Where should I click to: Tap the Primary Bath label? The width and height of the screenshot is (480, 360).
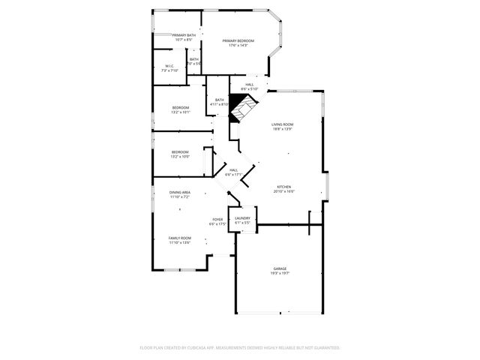tap(184, 35)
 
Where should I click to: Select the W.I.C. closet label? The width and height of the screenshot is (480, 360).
tap(170, 66)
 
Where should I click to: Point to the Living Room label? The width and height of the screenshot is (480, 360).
tap(282, 124)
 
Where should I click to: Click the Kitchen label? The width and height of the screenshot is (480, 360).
tap(283, 187)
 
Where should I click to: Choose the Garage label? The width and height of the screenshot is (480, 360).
tap(280, 268)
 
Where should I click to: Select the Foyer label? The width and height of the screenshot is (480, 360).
tap(217, 220)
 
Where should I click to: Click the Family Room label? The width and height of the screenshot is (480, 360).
tap(179, 238)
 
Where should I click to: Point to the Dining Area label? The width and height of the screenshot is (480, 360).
tap(179, 193)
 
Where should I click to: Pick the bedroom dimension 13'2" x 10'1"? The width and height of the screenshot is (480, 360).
tap(180, 112)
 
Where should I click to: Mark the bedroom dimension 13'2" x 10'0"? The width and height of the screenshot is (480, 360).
tap(180, 157)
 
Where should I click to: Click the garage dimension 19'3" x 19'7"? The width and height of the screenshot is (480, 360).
tap(280, 274)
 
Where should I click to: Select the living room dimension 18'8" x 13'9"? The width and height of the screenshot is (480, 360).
tap(282, 130)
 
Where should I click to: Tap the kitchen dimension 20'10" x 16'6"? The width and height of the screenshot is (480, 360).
tap(283, 192)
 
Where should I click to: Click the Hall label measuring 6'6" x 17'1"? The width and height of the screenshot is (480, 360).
tap(234, 170)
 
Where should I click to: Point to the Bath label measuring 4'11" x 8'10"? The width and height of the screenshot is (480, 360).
tap(220, 100)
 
